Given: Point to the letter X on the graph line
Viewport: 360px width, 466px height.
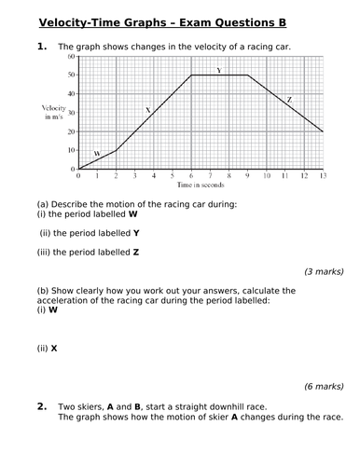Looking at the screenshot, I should pyautogui.click(x=147, y=110).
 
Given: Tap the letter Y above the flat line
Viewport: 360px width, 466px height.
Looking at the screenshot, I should pyautogui.click(x=218, y=70).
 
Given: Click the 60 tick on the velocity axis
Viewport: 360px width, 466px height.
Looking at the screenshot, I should pyautogui.click(x=71, y=56).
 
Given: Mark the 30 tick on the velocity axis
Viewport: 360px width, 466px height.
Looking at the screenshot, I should pyautogui.click(x=71, y=113).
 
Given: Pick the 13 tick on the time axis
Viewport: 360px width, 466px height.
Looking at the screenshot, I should pyautogui.click(x=322, y=176).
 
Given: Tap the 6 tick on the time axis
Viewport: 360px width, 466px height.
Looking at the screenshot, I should pyautogui.click(x=191, y=176).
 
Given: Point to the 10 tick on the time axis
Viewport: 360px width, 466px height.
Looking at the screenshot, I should pyautogui.click(x=266, y=176).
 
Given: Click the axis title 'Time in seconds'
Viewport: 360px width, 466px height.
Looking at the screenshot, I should pyautogui.click(x=200, y=185).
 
